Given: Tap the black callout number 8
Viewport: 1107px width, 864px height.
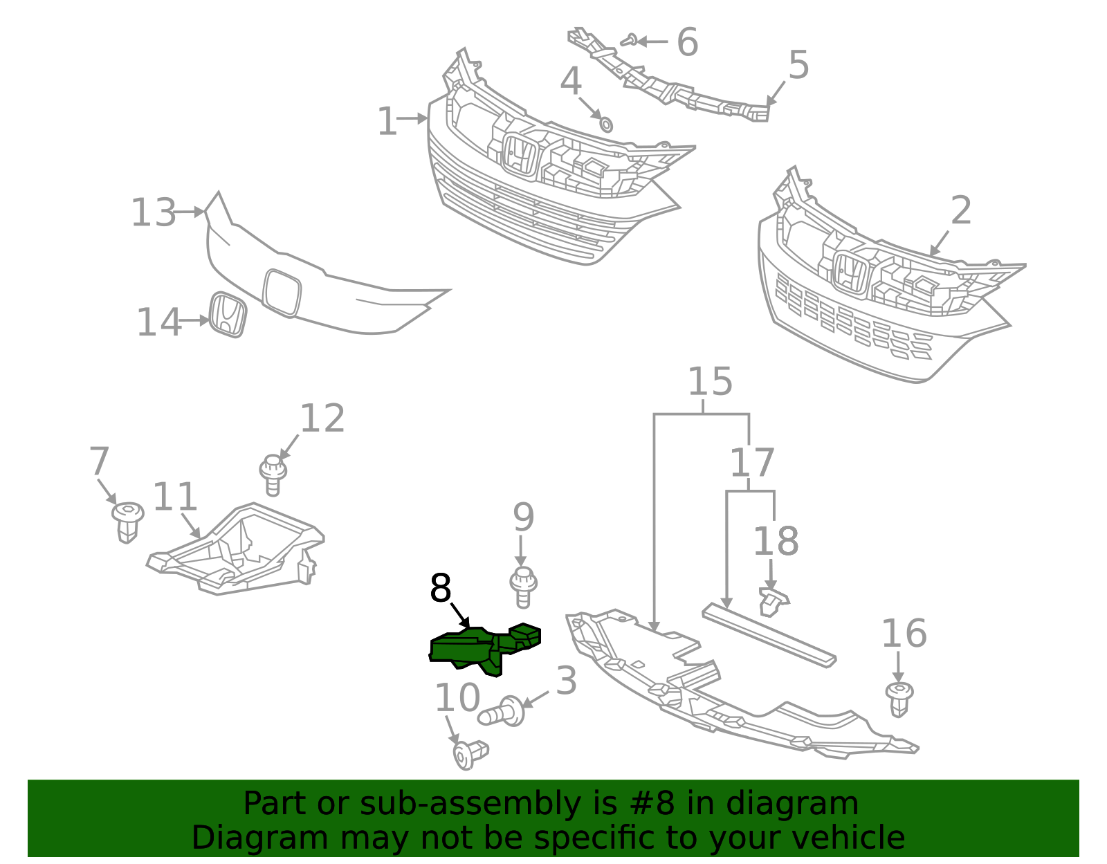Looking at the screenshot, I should (441, 589).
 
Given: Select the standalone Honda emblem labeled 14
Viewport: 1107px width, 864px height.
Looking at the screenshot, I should (228, 315).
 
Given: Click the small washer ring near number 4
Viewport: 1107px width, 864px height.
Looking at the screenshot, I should (605, 125).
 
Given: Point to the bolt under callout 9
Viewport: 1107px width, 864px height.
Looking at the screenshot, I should (524, 587).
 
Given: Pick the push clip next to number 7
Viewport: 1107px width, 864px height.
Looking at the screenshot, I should (127, 522).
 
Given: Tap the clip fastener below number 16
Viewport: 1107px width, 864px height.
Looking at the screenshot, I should (899, 698).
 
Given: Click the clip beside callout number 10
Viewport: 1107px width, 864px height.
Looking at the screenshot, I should (469, 753).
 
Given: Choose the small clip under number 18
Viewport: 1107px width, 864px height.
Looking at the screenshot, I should (773, 600).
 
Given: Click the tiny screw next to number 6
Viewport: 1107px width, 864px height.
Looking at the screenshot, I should (629, 41).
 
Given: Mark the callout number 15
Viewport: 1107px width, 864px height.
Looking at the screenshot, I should (710, 382).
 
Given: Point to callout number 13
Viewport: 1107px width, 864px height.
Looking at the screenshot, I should (154, 212).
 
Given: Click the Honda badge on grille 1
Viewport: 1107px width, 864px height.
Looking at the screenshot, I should (520, 156).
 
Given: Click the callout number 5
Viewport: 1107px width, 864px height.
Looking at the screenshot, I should (798, 66).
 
